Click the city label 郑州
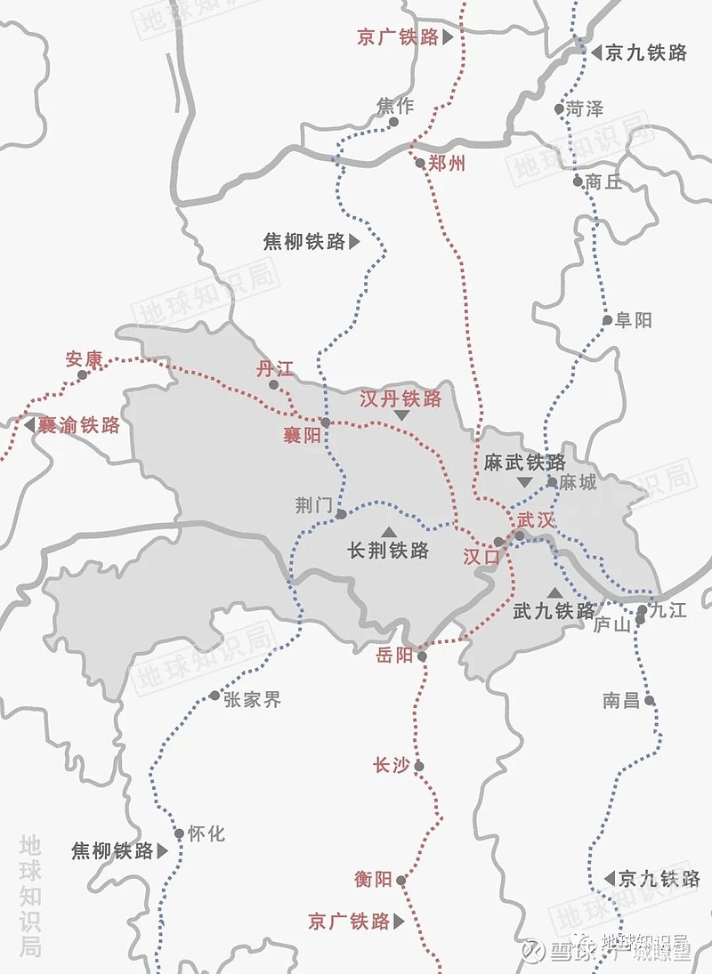(x=446, y=164)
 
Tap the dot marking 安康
(x=83, y=375)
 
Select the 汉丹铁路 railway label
(x=400, y=398)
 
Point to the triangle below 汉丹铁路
(x=402, y=415)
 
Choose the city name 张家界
(x=252, y=700)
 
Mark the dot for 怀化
(x=179, y=833)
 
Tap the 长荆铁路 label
(x=388, y=551)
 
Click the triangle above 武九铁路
(x=554, y=592)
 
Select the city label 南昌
(x=621, y=701)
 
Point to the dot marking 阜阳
(x=607, y=320)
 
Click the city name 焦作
(x=395, y=106)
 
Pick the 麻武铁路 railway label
(x=525, y=463)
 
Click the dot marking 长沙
(x=419, y=766)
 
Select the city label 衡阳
(x=373, y=880)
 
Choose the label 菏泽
(x=585, y=109)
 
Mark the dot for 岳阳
(x=422, y=656)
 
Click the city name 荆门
(x=313, y=505)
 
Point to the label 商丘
(x=604, y=182)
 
